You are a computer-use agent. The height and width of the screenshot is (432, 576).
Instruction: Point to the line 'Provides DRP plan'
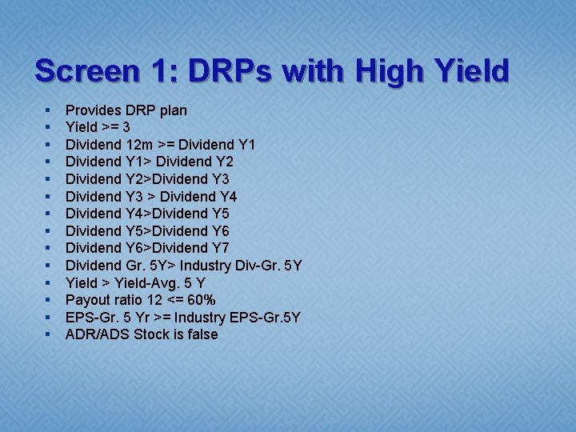pos(126,110)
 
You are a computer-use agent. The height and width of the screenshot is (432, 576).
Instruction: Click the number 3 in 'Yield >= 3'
pos(126,127)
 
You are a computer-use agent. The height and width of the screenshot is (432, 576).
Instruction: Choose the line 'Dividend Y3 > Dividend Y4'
pos(150,196)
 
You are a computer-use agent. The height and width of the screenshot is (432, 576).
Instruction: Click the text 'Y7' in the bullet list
pos(220,248)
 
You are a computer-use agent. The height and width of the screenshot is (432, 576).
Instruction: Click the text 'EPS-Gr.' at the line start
pos(90,318)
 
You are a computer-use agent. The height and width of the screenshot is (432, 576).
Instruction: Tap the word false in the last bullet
pos(200,334)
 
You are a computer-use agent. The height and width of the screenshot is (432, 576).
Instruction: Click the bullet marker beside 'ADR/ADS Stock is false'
pos(49,334)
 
